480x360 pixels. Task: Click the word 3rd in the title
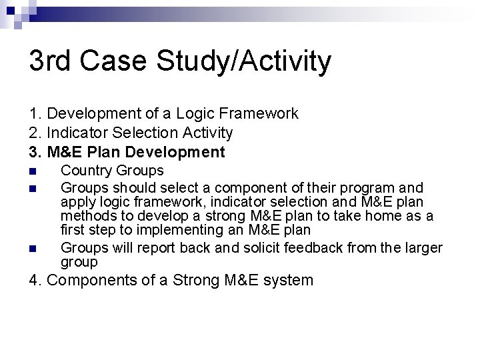pos(53,62)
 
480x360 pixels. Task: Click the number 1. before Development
pos(35,114)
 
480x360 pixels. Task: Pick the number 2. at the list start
pos(35,133)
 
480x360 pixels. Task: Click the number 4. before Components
pos(36,280)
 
